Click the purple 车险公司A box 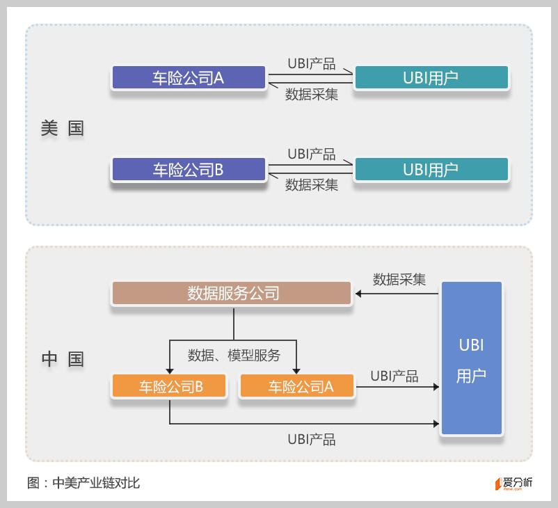(189, 77)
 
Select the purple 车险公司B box (189, 169)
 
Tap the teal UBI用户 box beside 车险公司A (431, 77)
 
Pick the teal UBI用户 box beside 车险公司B (431, 169)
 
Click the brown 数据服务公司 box (232, 293)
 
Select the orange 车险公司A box (296, 386)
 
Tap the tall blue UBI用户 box (471, 358)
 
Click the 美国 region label (62, 129)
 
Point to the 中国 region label (62, 359)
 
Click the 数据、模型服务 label (234, 355)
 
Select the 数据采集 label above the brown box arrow (399, 279)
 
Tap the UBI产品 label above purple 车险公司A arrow (312, 64)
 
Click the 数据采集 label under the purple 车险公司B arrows (312, 185)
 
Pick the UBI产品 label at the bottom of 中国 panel (312, 439)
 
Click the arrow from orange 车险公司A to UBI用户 (397, 386)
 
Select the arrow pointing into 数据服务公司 (397, 294)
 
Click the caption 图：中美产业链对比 (83, 482)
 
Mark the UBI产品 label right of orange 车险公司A (394, 376)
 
